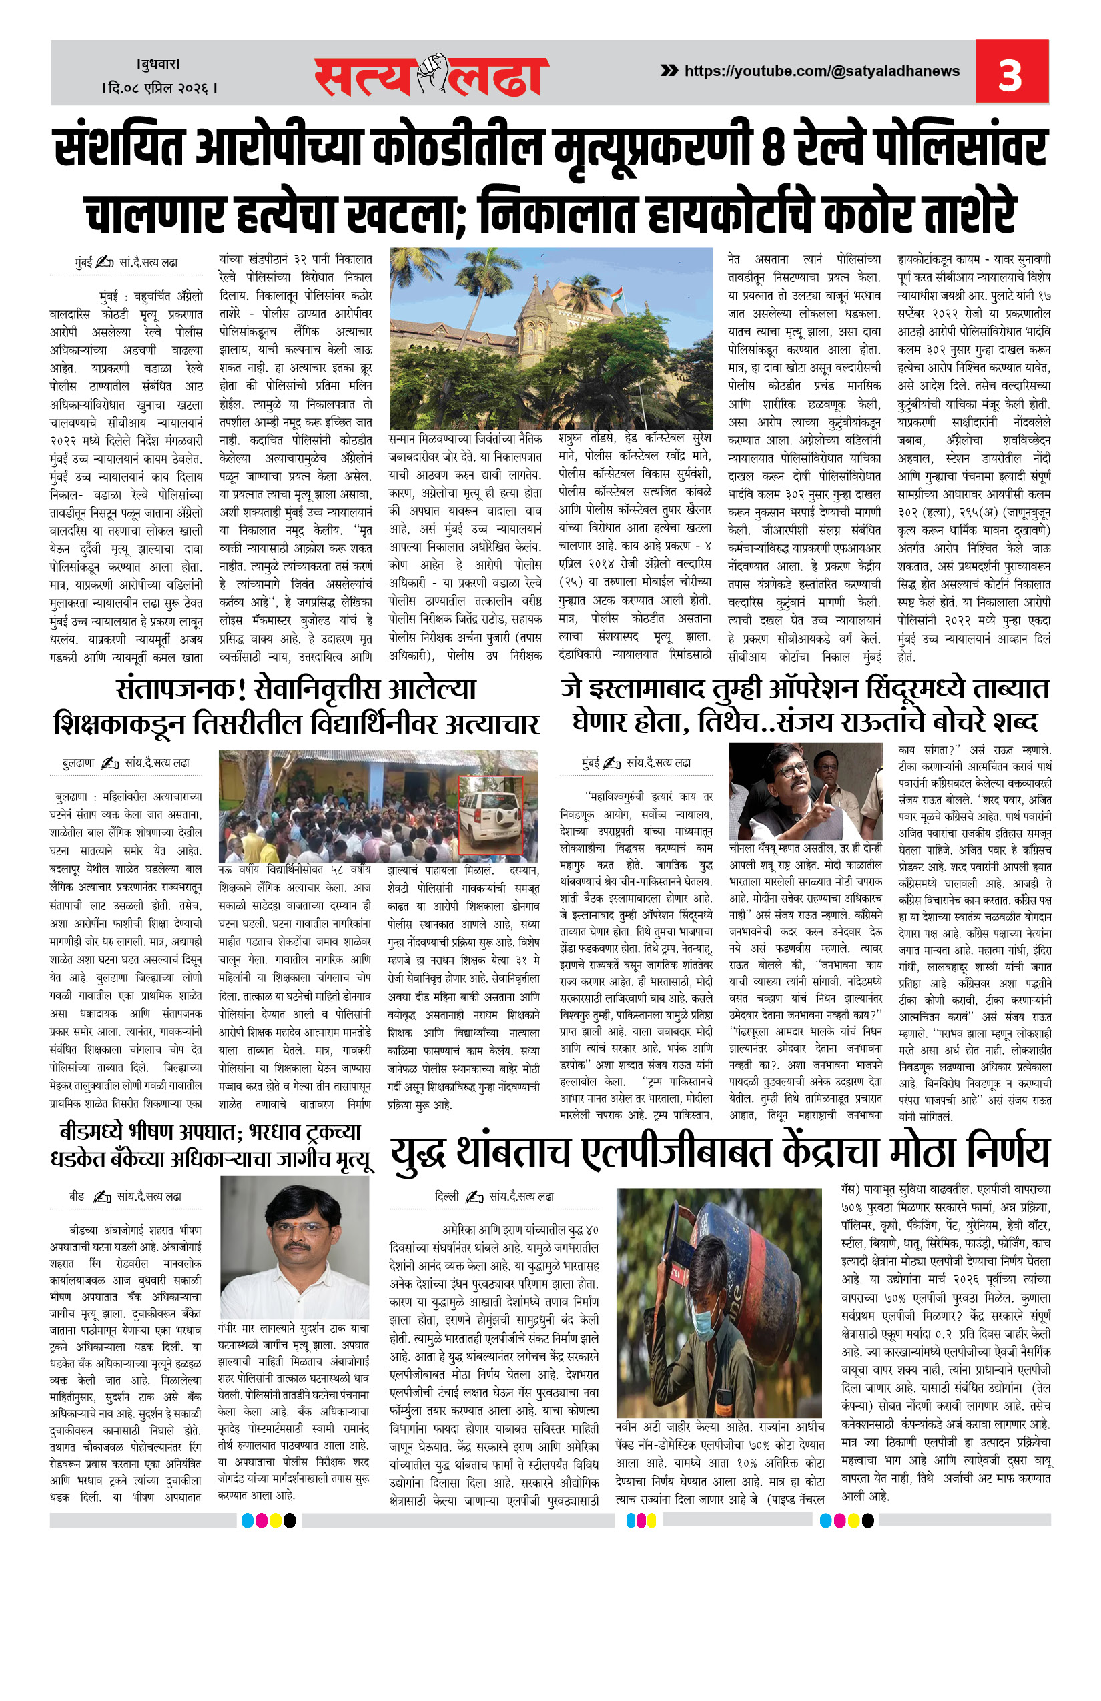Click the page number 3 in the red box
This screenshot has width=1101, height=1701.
(x=1010, y=73)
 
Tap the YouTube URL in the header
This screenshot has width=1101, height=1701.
(x=821, y=71)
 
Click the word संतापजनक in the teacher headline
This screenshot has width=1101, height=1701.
(x=175, y=690)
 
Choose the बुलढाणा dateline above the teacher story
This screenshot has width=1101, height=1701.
(x=78, y=763)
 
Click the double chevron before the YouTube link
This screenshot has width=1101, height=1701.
(x=669, y=70)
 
